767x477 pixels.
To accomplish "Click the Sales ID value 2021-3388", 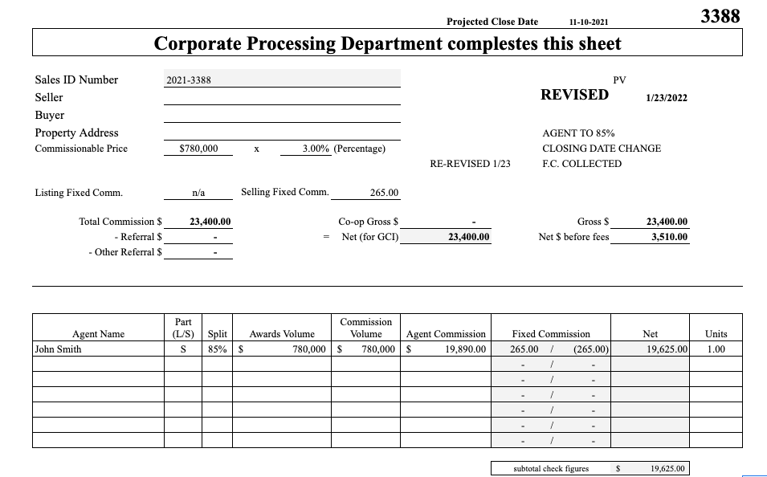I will pyautogui.click(x=189, y=79).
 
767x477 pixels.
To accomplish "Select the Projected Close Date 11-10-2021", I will pyautogui.click(x=593, y=22).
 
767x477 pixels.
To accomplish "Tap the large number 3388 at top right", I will pyautogui.click(x=720, y=15).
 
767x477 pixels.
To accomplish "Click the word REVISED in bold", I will pyautogui.click(x=574, y=95).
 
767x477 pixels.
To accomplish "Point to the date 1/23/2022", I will pyautogui.click(x=667, y=98).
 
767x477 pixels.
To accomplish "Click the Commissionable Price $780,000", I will pyautogui.click(x=198, y=149).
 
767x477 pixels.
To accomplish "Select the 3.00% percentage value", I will pyautogui.click(x=316, y=149).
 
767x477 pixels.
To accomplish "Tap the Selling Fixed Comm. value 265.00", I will pyautogui.click(x=384, y=193).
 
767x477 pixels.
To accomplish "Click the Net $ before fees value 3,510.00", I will pyautogui.click(x=669, y=237).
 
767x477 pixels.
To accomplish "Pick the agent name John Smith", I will pyautogui.click(x=58, y=349).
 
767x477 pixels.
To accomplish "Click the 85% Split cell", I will pyautogui.click(x=217, y=349).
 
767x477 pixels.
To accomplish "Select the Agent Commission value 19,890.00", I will pyautogui.click(x=465, y=349).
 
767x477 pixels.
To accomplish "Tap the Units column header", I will pyautogui.click(x=716, y=334).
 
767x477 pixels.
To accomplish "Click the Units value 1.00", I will pyautogui.click(x=715, y=349).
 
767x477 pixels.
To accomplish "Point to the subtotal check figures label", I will pyautogui.click(x=551, y=468).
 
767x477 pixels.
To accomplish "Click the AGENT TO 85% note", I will pyautogui.click(x=578, y=133).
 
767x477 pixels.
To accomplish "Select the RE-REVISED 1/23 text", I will pyautogui.click(x=470, y=164).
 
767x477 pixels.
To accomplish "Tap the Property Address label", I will pyautogui.click(x=76, y=132).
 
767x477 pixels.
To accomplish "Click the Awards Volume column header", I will pyautogui.click(x=282, y=334).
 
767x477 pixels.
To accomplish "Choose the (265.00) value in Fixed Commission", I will pyautogui.click(x=591, y=349).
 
